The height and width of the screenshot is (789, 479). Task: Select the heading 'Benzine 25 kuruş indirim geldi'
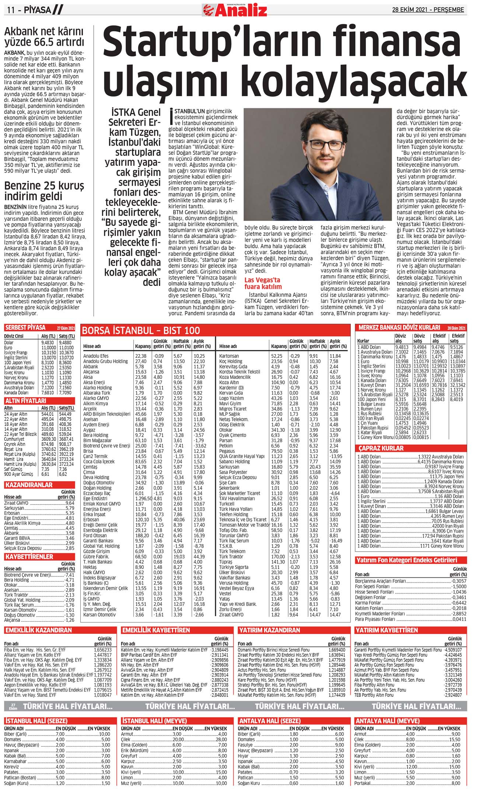(44, 190)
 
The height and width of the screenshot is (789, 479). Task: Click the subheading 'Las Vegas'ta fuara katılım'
(263, 283)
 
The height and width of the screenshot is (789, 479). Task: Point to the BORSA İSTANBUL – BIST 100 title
(141, 330)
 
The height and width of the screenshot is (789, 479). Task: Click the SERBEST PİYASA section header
(25, 328)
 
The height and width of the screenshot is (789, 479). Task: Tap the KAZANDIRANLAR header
(29, 485)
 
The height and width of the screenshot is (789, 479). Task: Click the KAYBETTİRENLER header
(29, 556)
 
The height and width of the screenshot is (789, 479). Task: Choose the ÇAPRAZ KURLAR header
(381, 448)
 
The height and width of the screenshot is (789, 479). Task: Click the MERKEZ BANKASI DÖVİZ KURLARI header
(399, 327)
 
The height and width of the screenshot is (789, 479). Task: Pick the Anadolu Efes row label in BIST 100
(96, 356)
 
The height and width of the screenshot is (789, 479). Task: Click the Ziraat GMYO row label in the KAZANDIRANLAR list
(16, 503)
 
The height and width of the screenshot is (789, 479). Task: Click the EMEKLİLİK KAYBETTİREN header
(156, 630)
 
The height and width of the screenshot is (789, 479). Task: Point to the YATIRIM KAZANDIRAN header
(269, 630)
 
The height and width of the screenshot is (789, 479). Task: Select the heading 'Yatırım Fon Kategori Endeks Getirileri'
(406, 560)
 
